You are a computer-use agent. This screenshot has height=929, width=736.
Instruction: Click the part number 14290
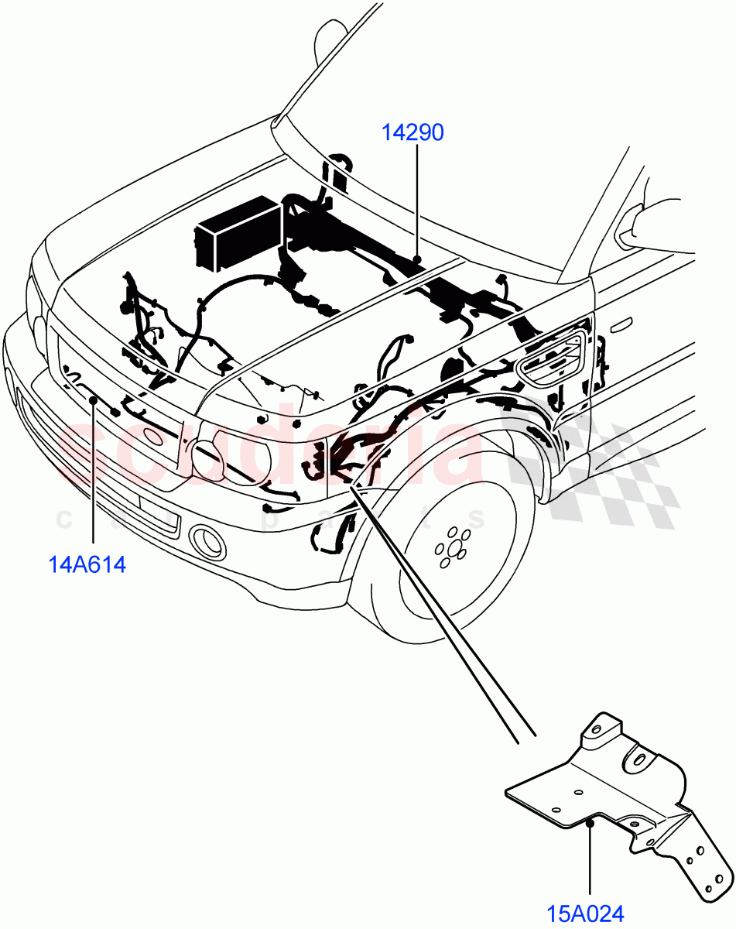tap(413, 133)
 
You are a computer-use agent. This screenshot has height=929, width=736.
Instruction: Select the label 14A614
tap(87, 564)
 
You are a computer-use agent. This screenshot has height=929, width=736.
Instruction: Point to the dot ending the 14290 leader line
tap(417, 259)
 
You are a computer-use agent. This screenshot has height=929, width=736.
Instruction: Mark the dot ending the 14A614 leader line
tap(93, 399)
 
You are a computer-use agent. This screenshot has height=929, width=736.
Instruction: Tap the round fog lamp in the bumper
tap(207, 541)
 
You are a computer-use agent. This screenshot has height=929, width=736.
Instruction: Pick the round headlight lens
tap(209, 461)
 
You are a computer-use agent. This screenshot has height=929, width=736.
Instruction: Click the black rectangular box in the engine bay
tap(237, 230)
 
